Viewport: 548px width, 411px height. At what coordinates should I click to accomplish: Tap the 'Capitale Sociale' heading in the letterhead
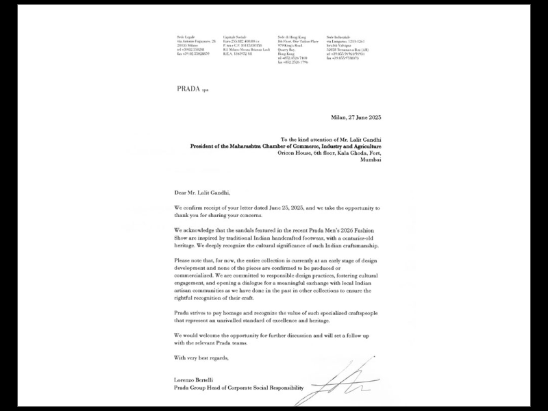point(234,36)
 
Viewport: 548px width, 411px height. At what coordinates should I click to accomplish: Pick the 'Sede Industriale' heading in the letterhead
point(338,36)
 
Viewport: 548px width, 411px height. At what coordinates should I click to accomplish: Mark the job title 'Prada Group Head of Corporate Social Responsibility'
point(238,388)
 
